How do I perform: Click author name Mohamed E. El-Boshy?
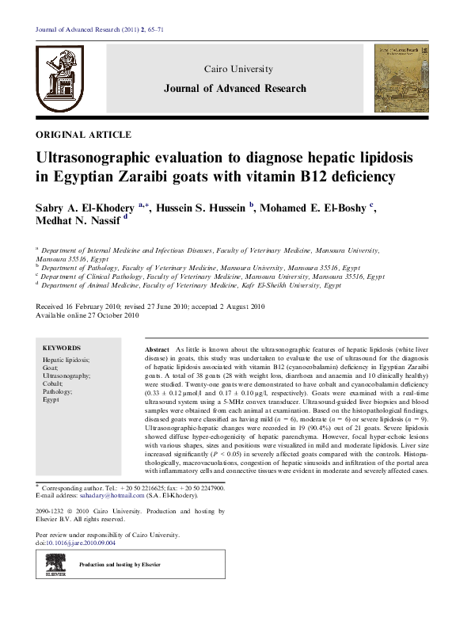point(315,208)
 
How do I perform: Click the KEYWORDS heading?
point(62,348)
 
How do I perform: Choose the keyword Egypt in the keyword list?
point(51,400)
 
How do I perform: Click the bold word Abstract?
point(158,349)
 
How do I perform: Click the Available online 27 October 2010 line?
point(87,315)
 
